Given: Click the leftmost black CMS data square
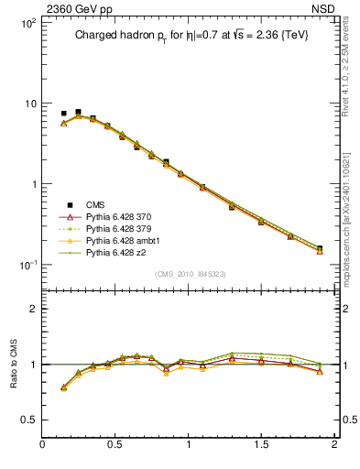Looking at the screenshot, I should click(x=63, y=114).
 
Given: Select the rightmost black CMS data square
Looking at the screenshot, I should click(x=320, y=247).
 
